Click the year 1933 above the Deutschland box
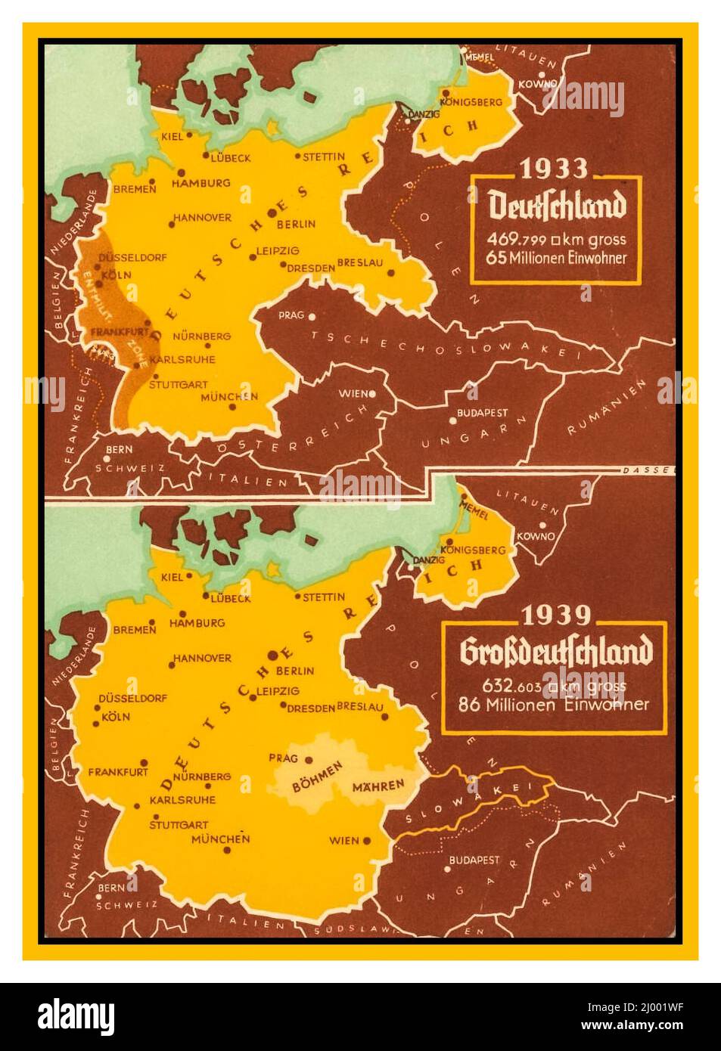pos(555,168)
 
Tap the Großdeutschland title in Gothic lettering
pos(555,653)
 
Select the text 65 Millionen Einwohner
pos(557,258)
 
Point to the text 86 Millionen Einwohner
pos(554,704)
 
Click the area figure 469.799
pos(517,240)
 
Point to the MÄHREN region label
pos(378,786)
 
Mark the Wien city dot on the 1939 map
pos(367,840)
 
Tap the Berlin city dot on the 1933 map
pos(272,213)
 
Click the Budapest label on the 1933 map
pos(482,414)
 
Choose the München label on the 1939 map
pos(220,839)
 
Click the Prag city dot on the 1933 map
pos(311,316)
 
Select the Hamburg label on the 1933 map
pos(200,183)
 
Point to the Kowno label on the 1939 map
pos(536,536)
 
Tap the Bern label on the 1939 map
pos(111,888)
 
